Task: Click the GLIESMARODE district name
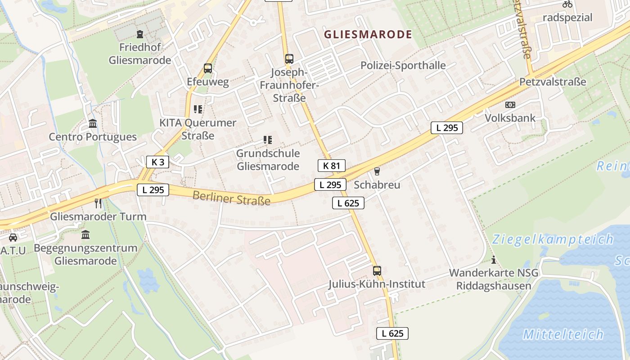pyautogui.click(x=368, y=35)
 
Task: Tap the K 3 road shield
pyautogui.click(x=157, y=162)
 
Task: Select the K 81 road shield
pyautogui.click(x=332, y=166)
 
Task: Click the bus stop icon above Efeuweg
pyautogui.click(x=208, y=68)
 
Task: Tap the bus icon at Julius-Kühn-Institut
pyautogui.click(x=377, y=271)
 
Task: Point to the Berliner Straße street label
pyautogui.click(x=231, y=198)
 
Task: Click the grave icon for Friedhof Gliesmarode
pyautogui.click(x=140, y=34)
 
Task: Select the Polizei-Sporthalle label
pyautogui.click(x=403, y=65)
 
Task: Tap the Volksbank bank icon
pyautogui.click(x=510, y=104)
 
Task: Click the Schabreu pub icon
pyautogui.click(x=377, y=171)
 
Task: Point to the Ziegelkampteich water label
pyautogui.click(x=553, y=238)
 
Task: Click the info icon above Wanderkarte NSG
pyautogui.click(x=494, y=260)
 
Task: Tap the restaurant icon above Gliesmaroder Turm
pyautogui.click(x=98, y=203)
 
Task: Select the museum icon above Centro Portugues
pyautogui.click(x=93, y=123)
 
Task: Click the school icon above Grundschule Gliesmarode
pyautogui.click(x=268, y=140)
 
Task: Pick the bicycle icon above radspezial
pyautogui.click(x=567, y=4)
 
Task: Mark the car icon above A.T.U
pyautogui.click(x=13, y=237)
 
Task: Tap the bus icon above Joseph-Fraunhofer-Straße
pyautogui.click(x=289, y=58)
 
